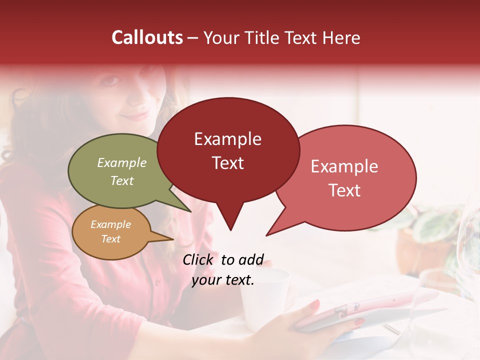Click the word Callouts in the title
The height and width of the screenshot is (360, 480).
147,37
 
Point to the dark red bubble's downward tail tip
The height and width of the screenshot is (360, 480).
230,229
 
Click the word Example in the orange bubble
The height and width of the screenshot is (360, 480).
110,224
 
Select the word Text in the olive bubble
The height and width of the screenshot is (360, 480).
122,180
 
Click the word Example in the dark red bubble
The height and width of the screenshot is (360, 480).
227,139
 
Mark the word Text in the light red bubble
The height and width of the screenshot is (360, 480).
344,190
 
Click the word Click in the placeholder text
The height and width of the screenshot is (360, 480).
198,259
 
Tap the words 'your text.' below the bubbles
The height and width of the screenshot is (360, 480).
223,280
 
